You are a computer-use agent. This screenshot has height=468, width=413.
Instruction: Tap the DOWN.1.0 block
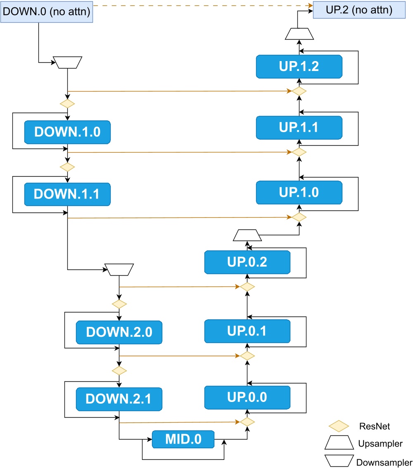(67, 132)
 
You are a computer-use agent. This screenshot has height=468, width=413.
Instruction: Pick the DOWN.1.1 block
(67, 194)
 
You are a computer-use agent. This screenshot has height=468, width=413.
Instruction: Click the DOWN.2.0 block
(119, 333)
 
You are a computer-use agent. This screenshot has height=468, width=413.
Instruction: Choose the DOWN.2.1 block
(119, 399)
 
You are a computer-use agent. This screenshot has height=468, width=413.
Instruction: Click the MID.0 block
(183, 440)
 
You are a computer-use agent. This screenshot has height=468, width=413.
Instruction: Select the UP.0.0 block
(247, 397)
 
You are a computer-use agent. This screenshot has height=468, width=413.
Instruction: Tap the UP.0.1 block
(247, 331)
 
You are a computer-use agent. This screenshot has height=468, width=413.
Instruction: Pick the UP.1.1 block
(299, 128)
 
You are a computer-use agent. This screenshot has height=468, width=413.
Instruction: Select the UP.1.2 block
(299, 66)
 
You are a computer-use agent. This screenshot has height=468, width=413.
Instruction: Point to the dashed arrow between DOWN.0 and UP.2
(202, 5)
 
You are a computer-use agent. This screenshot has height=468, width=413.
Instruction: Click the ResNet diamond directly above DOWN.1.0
(67, 104)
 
